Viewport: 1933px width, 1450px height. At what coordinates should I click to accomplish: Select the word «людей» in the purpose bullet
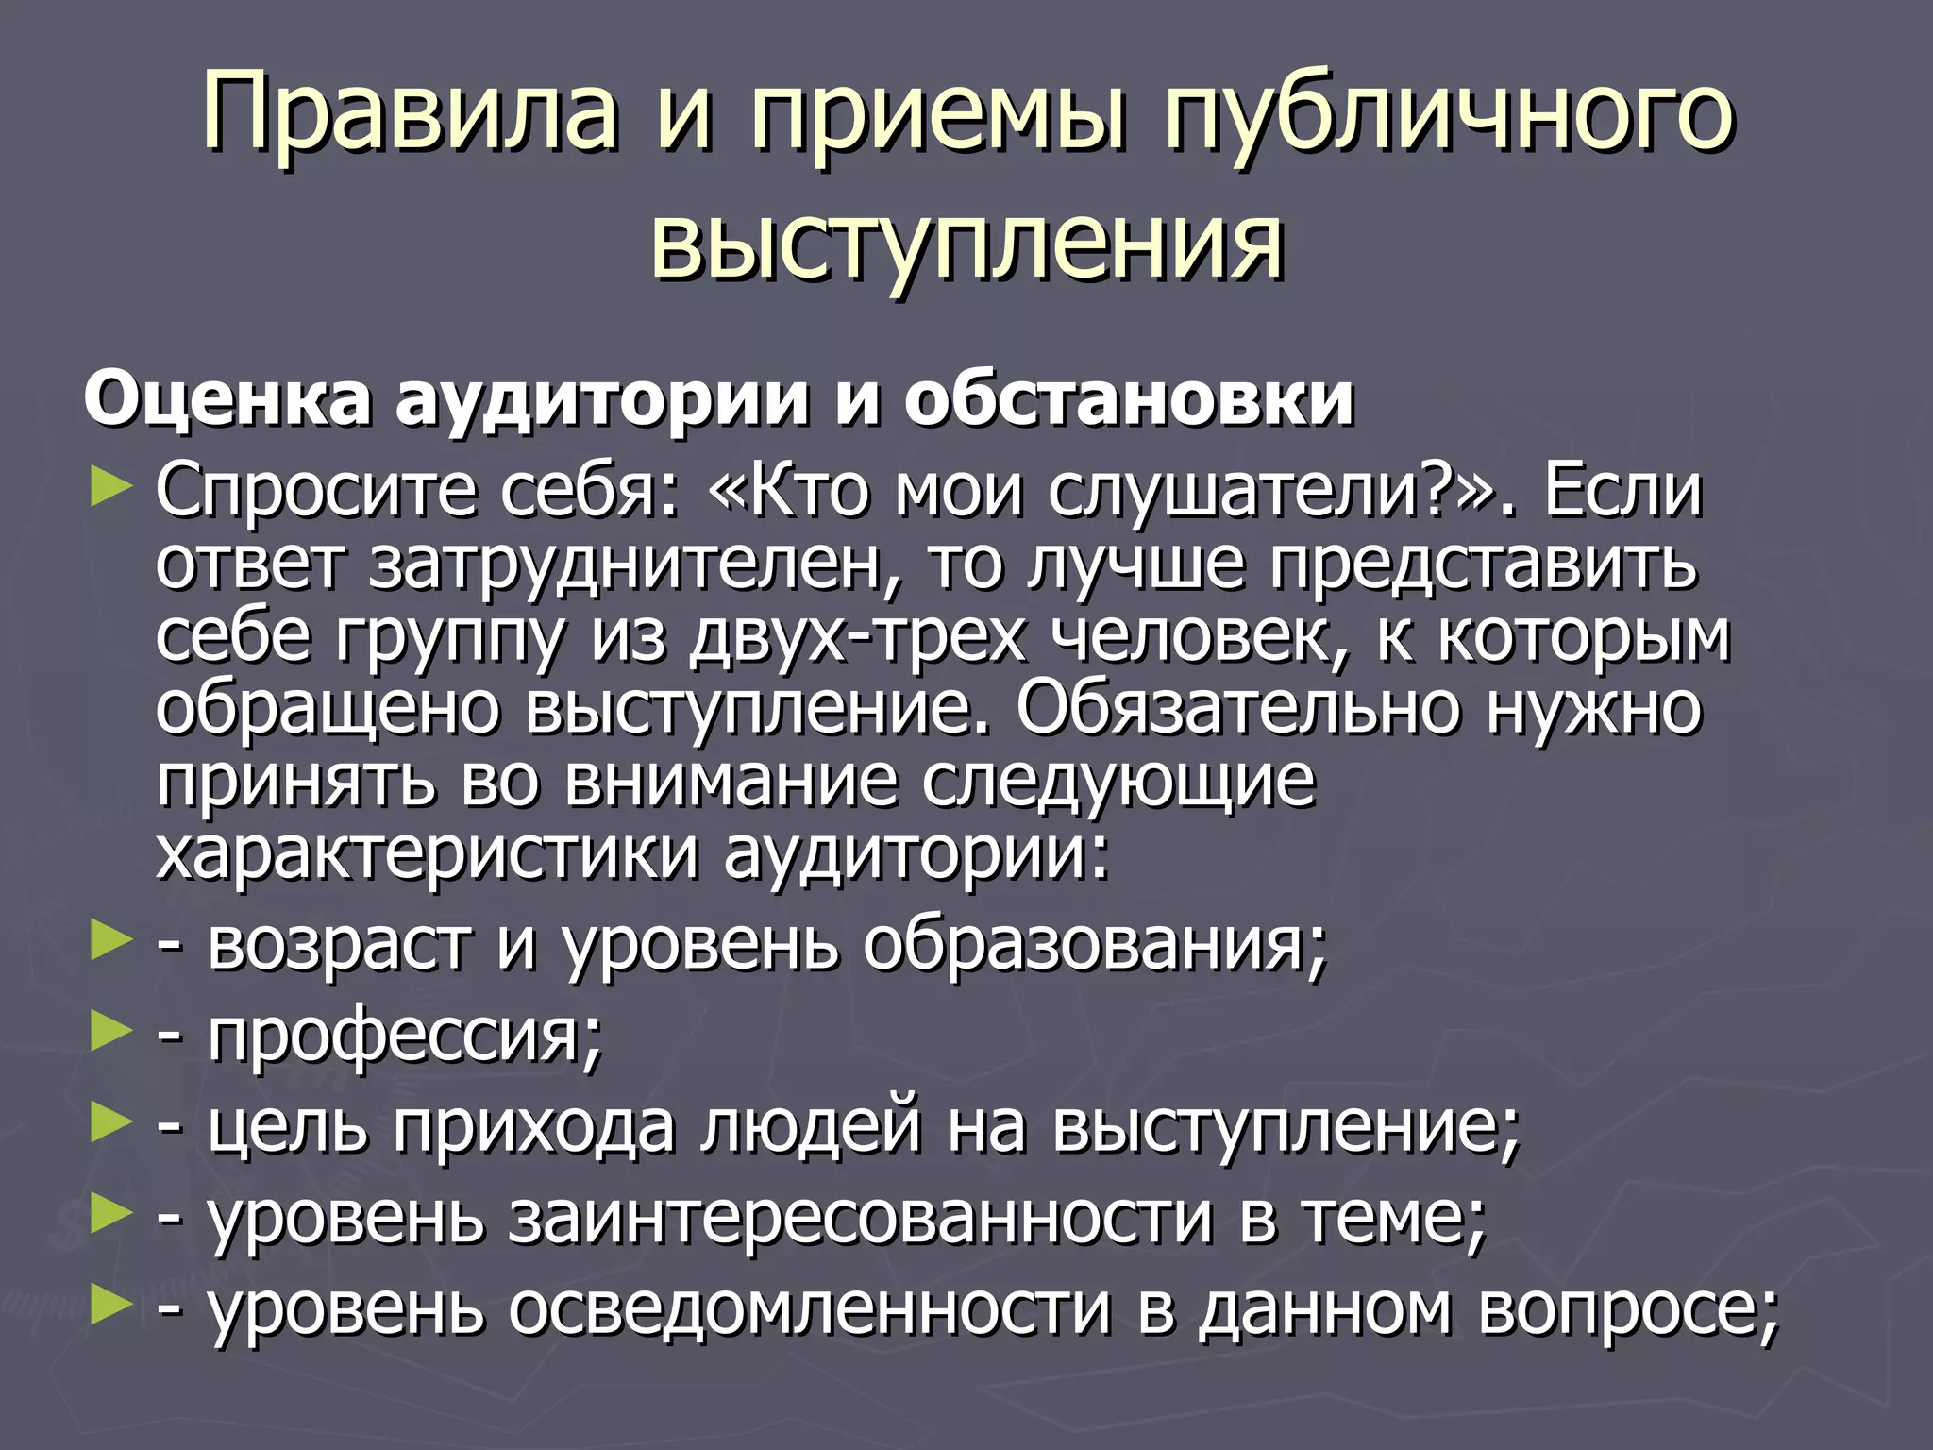811,1125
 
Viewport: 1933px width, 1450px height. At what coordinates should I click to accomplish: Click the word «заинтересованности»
860,1218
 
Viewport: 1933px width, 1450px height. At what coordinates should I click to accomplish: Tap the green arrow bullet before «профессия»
109,1033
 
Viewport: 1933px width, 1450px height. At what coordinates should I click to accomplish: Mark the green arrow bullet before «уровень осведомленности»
109,1305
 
